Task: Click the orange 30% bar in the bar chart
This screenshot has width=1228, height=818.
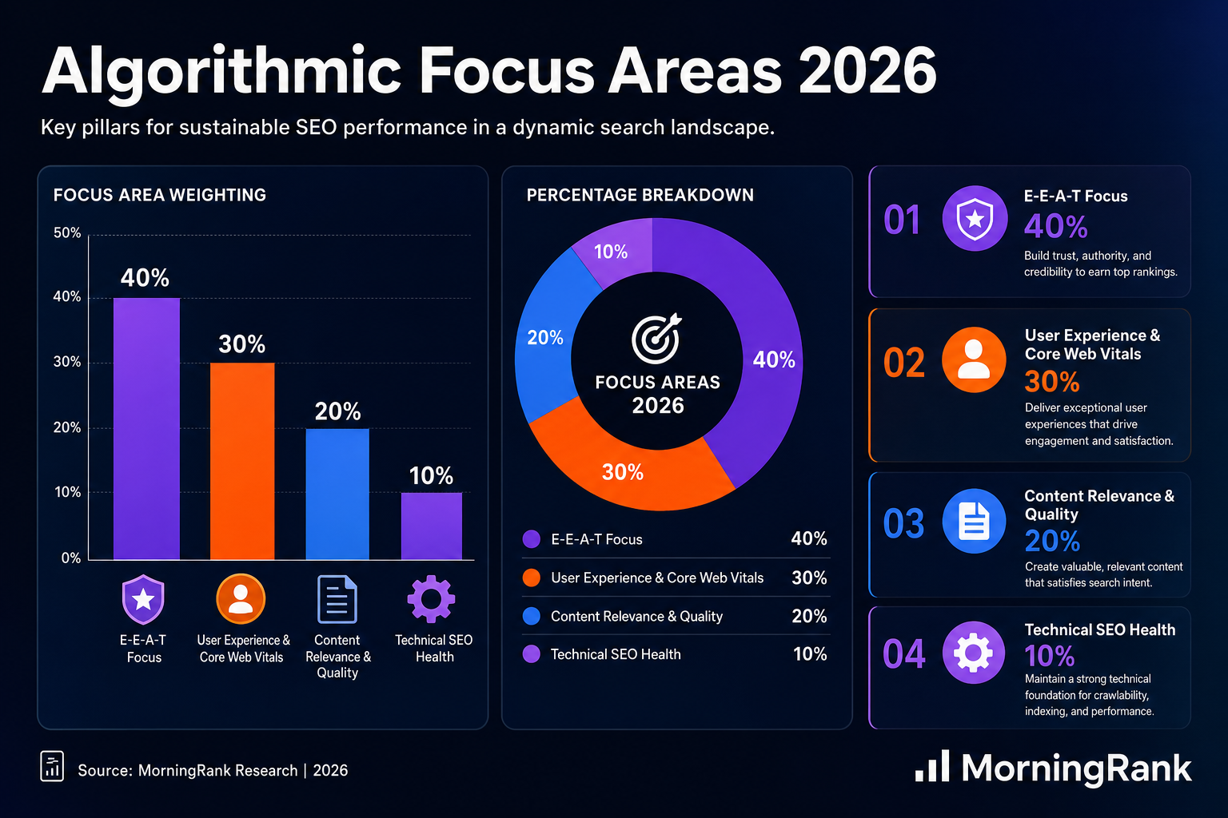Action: click(242, 461)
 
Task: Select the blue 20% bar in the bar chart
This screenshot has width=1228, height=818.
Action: click(337, 494)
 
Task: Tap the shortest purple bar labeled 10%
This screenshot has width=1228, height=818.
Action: click(432, 526)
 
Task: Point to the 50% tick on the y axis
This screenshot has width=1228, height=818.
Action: click(67, 232)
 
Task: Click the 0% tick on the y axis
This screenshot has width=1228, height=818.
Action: click(70, 558)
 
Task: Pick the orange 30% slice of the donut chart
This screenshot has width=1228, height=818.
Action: click(625, 466)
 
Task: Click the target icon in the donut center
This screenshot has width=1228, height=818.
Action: click(656, 339)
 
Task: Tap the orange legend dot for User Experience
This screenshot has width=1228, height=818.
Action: click(531, 578)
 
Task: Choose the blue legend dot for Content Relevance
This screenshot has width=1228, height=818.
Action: click(531, 616)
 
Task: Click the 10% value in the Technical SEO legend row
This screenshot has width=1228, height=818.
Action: click(810, 653)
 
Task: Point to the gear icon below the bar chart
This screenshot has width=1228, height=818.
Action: click(432, 599)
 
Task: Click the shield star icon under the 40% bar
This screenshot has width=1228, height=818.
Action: click(143, 599)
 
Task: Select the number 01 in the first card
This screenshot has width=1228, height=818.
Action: click(902, 220)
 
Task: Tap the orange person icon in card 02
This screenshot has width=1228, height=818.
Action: click(974, 360)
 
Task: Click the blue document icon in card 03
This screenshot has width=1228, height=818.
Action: click(975, 521)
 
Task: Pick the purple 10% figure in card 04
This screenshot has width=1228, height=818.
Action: click(1049, 655)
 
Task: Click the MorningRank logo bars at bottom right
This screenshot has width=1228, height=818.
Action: click(932, 766)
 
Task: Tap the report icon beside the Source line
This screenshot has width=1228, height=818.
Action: click(52, 766)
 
